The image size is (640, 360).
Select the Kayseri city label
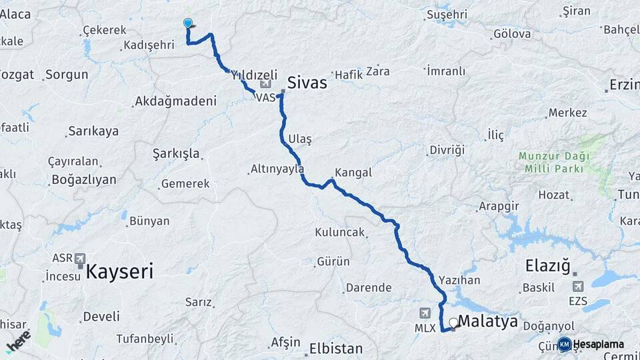click(x=119, y=271)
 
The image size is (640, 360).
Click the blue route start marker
click(x=188, y=23)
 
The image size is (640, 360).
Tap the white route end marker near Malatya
click(x=453, y=323)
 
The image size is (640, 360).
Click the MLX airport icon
click(x=425, y=313)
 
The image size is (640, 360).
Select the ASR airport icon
click(x=81, y=258)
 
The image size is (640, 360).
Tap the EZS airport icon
click(x=577, y=286)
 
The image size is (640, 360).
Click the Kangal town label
click(x=353, y=173)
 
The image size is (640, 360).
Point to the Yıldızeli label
click(x=253, y=75)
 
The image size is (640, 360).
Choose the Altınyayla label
click(x=277, y=169)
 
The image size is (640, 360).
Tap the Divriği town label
click(x=446, y=149)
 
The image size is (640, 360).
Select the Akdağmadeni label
click(x=175, y=101)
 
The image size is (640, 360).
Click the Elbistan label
click(x=336, y=349)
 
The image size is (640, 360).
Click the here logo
click(x=19, y=341)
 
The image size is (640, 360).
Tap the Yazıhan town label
click(x=459, y=281)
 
